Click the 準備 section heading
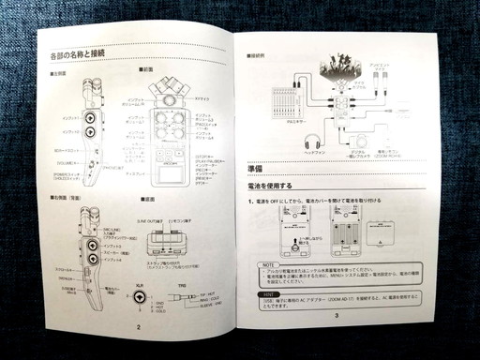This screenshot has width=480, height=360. tap(262, 168)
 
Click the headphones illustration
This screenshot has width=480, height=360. tap(312, 141)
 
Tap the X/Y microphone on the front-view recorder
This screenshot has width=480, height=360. tap(172, 94)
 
